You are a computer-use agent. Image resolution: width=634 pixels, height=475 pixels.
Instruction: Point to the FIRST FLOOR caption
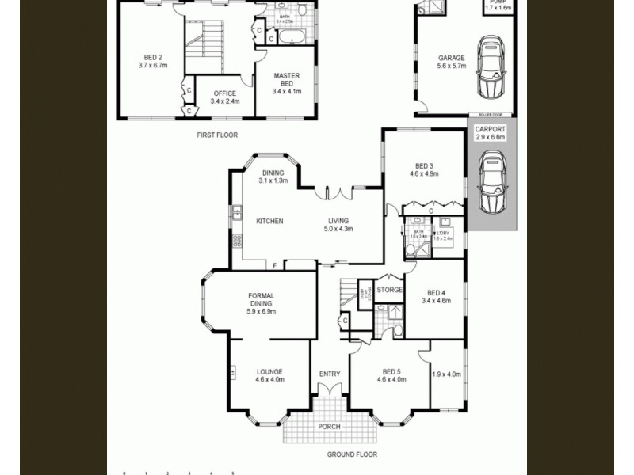pos(217,135)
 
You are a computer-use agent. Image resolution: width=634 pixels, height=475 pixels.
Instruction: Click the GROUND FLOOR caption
pos(352,454)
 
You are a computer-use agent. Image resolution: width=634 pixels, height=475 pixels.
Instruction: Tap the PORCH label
pos(329,427)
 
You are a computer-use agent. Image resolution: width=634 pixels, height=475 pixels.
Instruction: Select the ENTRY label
pos(330,374)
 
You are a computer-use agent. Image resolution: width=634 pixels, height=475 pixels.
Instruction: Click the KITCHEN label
pos(269,222)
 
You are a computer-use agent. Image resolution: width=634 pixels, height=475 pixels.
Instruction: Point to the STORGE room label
pos(389,290)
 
